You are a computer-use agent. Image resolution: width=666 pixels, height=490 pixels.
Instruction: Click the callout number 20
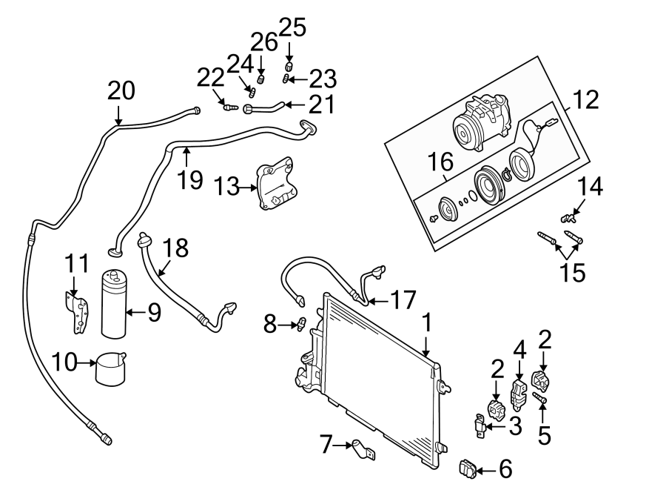pos(121,90)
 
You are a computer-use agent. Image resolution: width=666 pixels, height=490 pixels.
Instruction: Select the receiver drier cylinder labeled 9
pos(115,304)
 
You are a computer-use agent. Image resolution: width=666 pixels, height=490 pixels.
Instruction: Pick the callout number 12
pos(585,100)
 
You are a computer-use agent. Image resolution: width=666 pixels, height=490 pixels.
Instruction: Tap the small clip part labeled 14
pos(568,218)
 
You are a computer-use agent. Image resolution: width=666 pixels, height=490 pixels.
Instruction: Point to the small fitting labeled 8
pos(300,323)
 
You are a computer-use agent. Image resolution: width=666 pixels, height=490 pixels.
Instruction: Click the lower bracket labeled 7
pos(362,448)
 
